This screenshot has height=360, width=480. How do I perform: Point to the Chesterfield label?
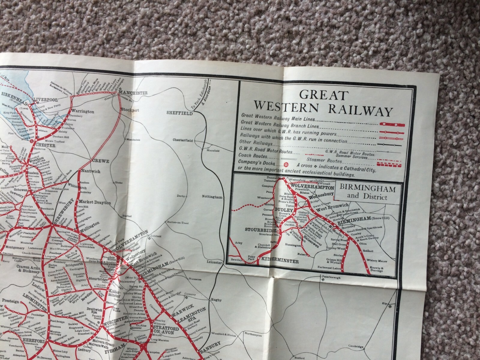coord(183,140)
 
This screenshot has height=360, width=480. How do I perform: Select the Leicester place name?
coord(213,262)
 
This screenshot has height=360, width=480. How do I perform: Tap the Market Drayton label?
coord(95,203)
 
